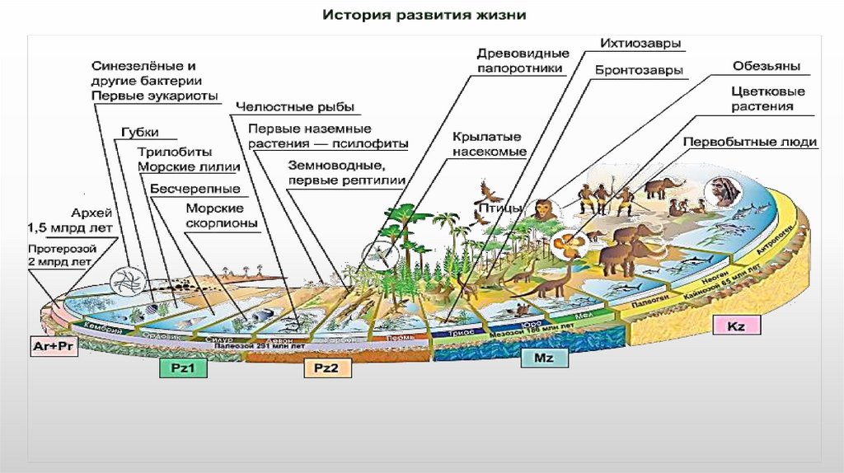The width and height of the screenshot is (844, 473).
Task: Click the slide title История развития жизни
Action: (423, 16)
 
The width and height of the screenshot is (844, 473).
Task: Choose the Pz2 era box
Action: (326, 368)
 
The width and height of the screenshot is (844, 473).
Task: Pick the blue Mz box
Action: (543, 358)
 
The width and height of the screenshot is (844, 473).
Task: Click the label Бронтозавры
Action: (638, 71)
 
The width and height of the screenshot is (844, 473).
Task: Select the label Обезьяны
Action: (767, 66)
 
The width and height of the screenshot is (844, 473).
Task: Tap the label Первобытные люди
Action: (749, 142)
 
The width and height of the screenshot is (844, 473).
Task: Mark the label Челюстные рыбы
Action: (295, 106)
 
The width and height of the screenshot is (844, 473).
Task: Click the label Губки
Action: (139, 133)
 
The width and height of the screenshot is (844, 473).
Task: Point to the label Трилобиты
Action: (174, 152)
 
